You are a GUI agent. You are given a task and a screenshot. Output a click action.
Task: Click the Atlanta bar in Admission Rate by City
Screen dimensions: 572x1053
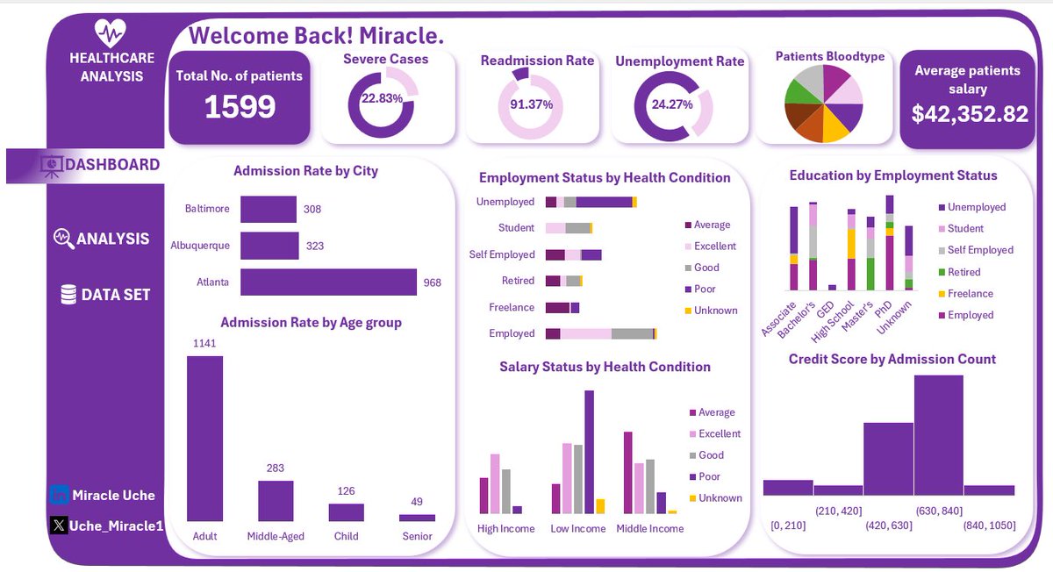(x=327, y=282)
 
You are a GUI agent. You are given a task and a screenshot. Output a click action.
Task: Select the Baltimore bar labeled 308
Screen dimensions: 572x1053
(x=269, y=210)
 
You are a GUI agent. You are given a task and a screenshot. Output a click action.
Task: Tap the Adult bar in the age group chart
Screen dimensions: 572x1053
(x=204, y=439)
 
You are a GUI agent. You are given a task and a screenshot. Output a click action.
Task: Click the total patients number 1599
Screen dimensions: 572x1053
(x=240, y=107)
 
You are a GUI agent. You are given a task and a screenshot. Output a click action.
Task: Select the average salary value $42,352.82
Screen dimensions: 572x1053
(x=969, y=113)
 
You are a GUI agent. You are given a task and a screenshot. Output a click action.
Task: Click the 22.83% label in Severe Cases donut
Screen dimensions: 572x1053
(x=382, y=99)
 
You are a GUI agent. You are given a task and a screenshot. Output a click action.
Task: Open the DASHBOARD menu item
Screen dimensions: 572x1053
(x=102, y=165)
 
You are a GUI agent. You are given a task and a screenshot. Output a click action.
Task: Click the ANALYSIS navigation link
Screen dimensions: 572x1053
(x=101, y=239)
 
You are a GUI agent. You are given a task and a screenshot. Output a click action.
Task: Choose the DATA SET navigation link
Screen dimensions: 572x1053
(x=105, y=295)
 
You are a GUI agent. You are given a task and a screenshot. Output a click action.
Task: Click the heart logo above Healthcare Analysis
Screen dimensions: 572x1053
(x=111, y=34)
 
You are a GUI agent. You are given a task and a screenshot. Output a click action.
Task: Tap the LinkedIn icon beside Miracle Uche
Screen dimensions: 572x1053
(x=60, y=496)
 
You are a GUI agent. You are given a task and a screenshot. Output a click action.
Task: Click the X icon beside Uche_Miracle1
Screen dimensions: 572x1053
(x=60, y=526)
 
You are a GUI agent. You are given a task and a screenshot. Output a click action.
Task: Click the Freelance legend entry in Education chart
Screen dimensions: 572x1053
(x=970, y=294)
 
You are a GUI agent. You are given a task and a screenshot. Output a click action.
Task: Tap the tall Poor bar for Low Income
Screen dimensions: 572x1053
(x=589, y=452)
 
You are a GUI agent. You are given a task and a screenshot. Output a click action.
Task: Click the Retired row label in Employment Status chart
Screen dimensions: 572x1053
(x=518, y=281)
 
